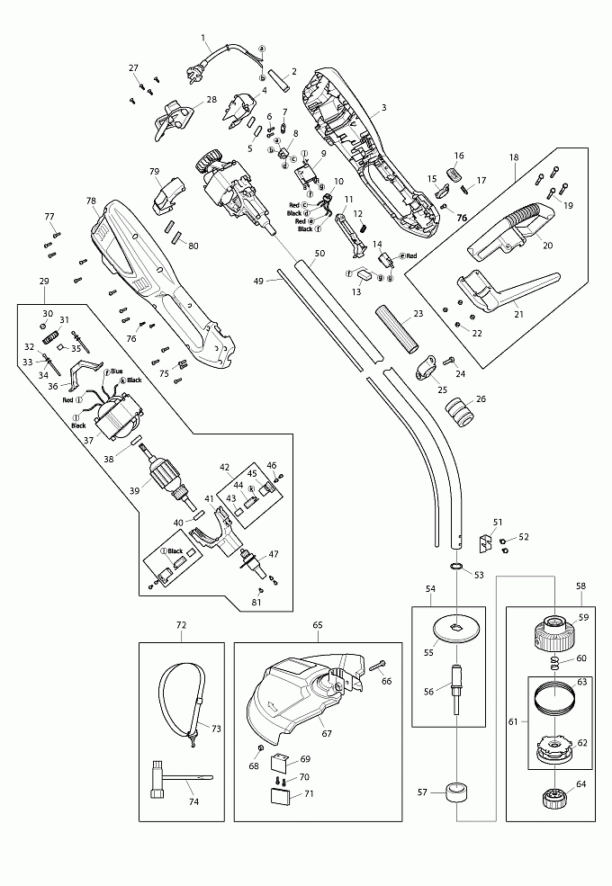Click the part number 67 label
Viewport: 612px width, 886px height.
click(x=326, y=733)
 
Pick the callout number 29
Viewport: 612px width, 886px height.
click(x=44, y=282)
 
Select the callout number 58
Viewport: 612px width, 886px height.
click(x=581, y=585)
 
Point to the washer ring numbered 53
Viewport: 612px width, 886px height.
click(x=455, y=567)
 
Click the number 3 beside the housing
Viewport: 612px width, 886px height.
click(x=384, y=108)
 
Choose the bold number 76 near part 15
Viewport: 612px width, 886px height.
click(x=462, y=218)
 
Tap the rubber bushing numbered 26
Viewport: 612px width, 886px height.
click(x=462, y=414)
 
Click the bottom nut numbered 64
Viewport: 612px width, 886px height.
click(x=551, y=797)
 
